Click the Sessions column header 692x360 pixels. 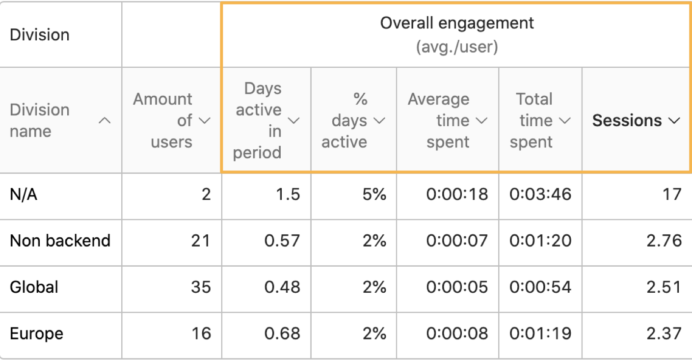click(627, 120)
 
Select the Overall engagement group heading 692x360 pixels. click(457, 23)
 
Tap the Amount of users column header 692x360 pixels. click(163, 120)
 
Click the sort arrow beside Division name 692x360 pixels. click(105, 120)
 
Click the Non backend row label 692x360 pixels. click(60, 241)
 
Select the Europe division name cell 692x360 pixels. click(36, 334)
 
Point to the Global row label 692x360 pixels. click(34, 287)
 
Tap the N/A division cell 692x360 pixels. click(24, 194)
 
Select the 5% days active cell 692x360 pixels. click(374, 194)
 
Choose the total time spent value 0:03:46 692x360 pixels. click(540, 194)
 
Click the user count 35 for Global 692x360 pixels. click(201, 287)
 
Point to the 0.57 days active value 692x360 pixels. click(282, 241)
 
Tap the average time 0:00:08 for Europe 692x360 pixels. click(457, 334)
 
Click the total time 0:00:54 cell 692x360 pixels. click(540, 287)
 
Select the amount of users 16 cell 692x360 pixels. click(201, 334)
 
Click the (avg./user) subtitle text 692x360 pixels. click(457, 48)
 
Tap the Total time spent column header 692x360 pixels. click(533, 120)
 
